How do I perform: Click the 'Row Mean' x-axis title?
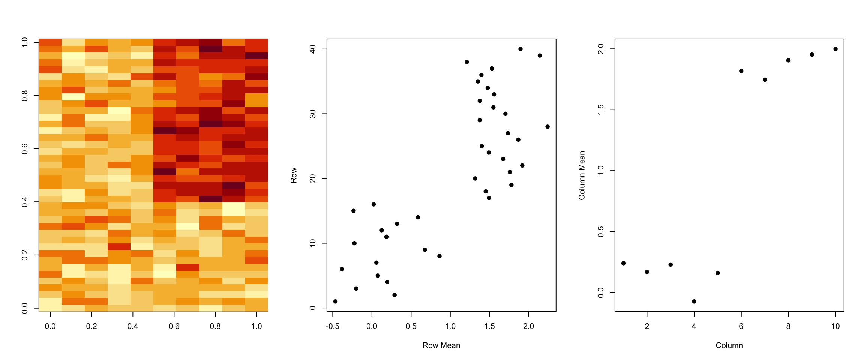pyautogui.click(x=441, y=345)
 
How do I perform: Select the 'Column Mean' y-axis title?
pyautogui.click(x=582, y=175)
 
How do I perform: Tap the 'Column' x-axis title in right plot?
pyautogui.click(x=729, y=345)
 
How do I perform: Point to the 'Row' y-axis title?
pyautogui.click(x=294, y=175)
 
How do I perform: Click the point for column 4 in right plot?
pyautogui.click(x=694, y=301)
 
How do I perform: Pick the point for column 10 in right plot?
pyautogui.click(x=835, y=49)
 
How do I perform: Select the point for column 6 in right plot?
pyautogui.click(x=741, y=71)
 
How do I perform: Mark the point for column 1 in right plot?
pyautogui.click(x=624, y=263)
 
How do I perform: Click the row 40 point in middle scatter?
pyautogui.click(x=520, y=49)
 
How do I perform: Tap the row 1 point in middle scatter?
pyautogui.click(x=335, y=301)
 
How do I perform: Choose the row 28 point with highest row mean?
pyautogui.click(x=547, y=127)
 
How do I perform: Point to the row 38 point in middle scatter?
pyautogui.click(x=467, y=62)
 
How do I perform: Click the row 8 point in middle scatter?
pyautogui.click(x=439, y=256)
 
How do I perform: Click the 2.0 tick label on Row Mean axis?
pyautogui.click(x=528, y=326)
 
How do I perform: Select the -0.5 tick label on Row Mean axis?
pyautogui.click(x=333, y=326)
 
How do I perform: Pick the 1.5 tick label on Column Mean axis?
pyautogui.click(x=601, y=110)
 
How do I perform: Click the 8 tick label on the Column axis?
pyautogui.click(x=788, y=326)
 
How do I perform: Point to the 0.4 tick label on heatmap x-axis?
pyautogui.click(x=133, y=326)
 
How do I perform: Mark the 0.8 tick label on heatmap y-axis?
pyautogui.click(x=25, y=96)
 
